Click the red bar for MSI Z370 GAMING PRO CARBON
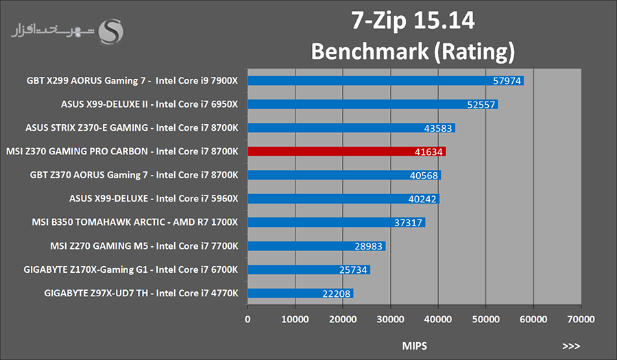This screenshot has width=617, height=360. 346,152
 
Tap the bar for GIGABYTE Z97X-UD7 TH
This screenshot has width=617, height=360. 300,293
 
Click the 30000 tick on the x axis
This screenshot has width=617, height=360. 390,319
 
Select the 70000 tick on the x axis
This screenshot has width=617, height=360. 580,319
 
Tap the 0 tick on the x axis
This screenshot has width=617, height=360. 247,319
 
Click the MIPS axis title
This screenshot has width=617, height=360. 414,346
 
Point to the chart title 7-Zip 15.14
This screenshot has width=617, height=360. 413,22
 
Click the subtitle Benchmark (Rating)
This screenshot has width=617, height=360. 412,51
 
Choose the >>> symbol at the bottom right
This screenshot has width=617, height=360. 571,346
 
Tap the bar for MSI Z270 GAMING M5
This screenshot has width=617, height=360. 316,246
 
